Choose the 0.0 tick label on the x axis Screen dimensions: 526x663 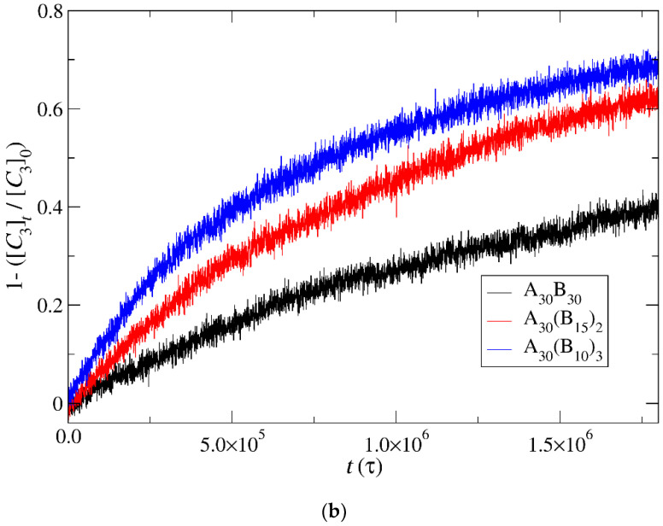click(x=68, y=436)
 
